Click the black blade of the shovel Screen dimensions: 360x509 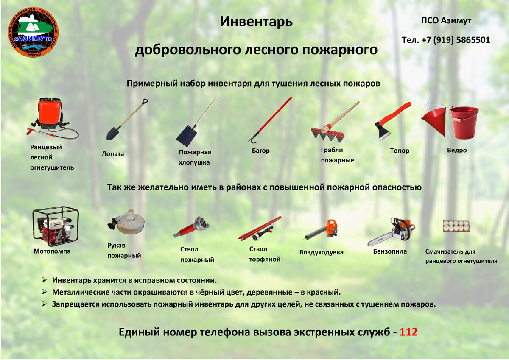pos(113,133)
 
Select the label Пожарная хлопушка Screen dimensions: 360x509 pos(195,157)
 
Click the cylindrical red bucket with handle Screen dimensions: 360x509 pos(464,123)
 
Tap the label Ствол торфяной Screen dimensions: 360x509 pos(265,254)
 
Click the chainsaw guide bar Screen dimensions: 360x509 pos(380,240)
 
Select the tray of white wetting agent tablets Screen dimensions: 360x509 pos(456,226)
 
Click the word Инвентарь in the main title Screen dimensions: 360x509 pos(256,22)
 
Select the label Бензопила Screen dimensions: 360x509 pos(390,251)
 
